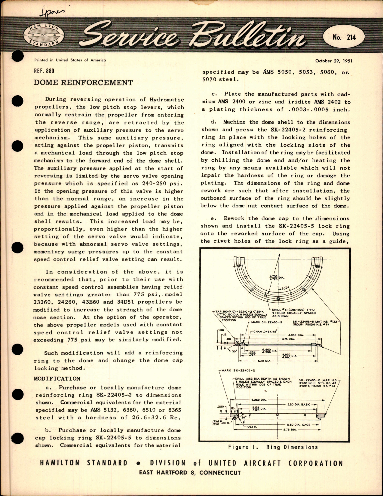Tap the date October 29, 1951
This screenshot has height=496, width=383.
click(x=333, y=61)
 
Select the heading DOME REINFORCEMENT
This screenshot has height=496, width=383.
click(x=83, y=83)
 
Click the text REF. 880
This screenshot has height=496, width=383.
click(x=44, y=71)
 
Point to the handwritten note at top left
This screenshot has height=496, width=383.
click(x=51, y=13)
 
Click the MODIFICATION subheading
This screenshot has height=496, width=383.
click(x=57, y=379)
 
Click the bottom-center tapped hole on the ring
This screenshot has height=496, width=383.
click(x=278, y=298)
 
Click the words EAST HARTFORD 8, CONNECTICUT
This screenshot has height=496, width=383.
click(x=190, y=473)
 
